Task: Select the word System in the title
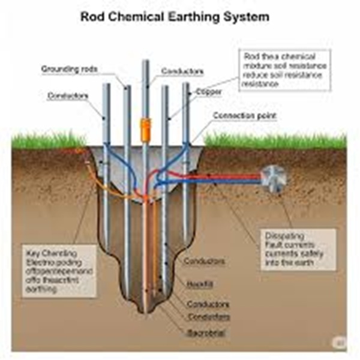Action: point(248,16)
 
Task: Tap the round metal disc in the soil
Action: point(275,178)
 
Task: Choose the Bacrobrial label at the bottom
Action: point(206,331)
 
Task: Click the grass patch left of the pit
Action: point(48,142)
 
